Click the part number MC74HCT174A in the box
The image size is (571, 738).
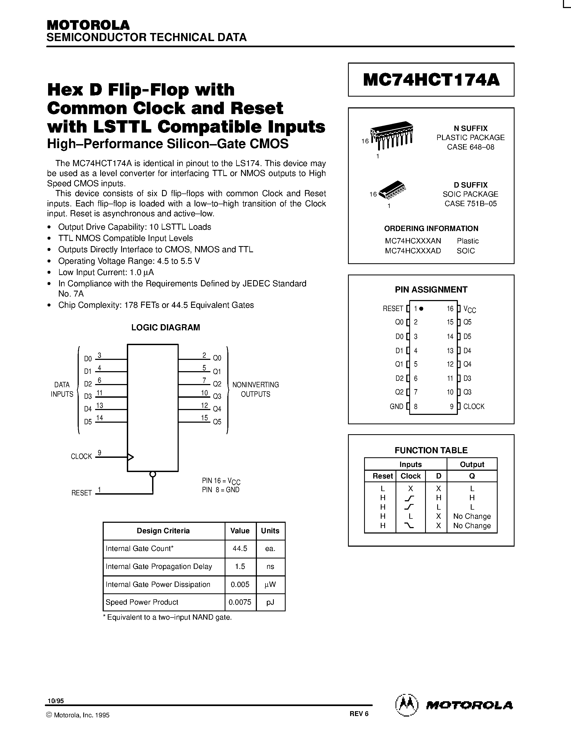click(431, 80)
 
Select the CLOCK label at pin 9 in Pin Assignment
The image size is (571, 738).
click(473, 407)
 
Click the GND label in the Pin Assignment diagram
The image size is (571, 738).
click(396, 407)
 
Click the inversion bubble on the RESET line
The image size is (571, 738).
click(153, 474)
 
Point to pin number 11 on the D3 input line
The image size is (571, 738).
click(99, 393)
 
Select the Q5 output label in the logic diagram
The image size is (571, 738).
click(217, 422)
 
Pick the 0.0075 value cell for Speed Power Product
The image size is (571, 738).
click(240, 602)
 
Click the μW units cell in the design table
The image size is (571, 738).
click(270, 584)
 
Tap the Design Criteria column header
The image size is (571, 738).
click(163, 531)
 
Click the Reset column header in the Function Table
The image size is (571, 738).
click(382, 476)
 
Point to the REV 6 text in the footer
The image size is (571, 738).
click(359, 714)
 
